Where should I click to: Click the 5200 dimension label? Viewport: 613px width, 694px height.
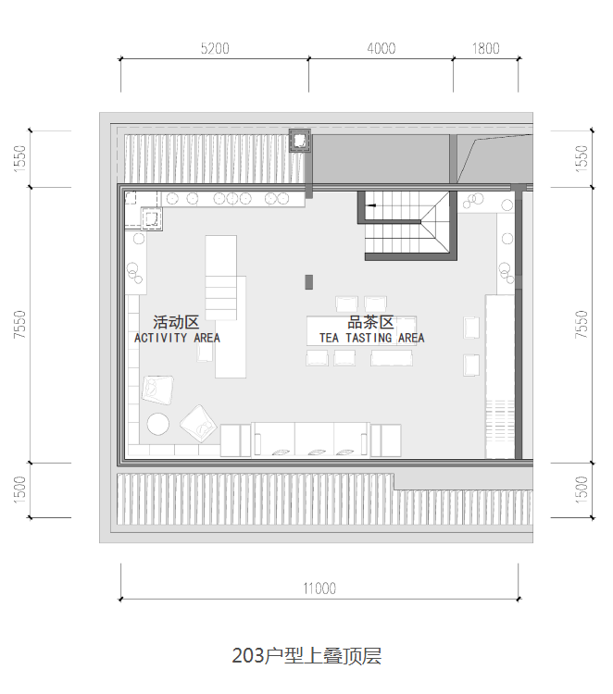coord(215,48)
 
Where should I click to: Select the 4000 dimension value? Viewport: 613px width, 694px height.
coord(381,48)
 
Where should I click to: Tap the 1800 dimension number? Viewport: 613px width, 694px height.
coord(485,48)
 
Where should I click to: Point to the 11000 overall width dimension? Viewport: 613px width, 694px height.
coord(319,589)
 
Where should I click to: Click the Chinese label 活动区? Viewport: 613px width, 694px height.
coord(176,322)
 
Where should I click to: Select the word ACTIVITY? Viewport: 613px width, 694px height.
coord(160,338)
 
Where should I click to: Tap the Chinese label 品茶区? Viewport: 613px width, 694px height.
coord(370,322)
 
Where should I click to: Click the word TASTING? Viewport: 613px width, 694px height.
coord(369,338)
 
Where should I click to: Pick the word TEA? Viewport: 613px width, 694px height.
coord(329,338)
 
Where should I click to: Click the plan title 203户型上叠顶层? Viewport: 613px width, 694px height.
coord(306,655)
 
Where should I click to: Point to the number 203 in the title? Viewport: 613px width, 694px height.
coord(247,655)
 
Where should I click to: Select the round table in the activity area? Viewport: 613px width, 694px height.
coord(158,424)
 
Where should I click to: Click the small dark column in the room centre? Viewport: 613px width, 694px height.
coord(308,282)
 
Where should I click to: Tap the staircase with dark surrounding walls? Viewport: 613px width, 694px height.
coord(407,225)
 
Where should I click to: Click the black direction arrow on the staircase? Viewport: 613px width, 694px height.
coord(372,205)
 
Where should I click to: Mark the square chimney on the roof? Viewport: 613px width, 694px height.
coord(300,141)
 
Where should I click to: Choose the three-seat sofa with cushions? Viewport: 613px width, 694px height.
coord(310,439)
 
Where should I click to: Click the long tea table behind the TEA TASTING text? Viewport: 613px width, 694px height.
coord(361,331)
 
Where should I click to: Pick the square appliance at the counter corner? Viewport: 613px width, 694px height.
coord(152,218)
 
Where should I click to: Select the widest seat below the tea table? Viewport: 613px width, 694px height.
coord(392,358)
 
